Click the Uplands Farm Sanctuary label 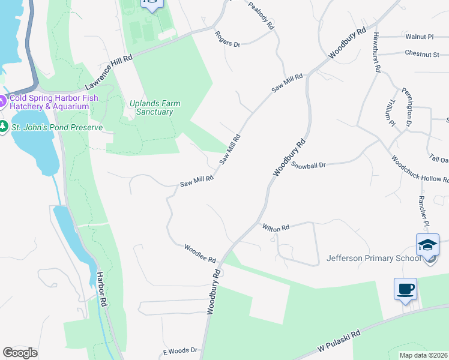point(155,107)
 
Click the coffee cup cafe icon point(405,289)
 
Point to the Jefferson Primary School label point(372,259)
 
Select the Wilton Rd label point(276,227)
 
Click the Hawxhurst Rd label point(376,52)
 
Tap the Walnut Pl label point(419,37)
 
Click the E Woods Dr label point(180,350)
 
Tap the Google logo point(20,352)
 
